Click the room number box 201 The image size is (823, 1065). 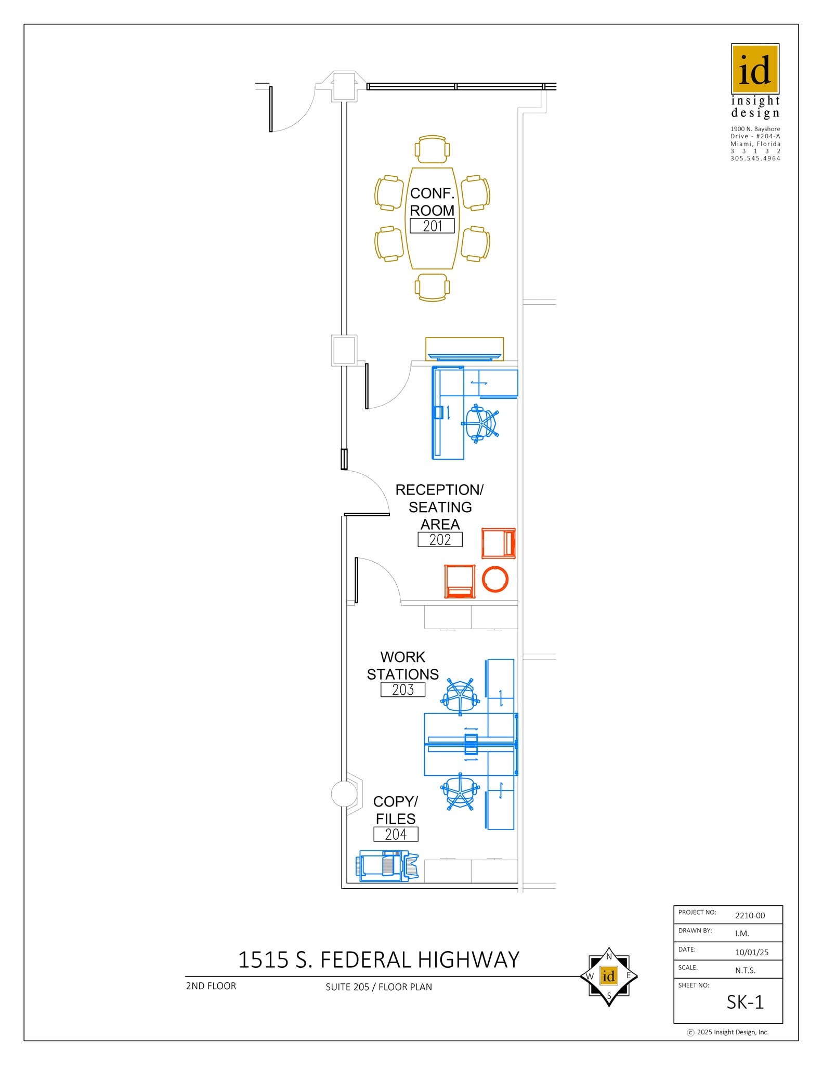(432, 226)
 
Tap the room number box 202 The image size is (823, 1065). (440, 539)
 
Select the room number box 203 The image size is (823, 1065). (403, 690)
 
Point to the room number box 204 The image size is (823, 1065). (396, 834)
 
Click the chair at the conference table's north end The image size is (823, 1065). (432, 149)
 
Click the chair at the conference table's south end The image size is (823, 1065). (432, 287)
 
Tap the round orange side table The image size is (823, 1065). (495, 579)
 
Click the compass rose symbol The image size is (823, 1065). (609, 976)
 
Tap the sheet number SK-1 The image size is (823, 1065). (745, 1002)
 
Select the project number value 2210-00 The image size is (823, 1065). (750, 915)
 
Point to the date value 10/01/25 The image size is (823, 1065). (751, 952)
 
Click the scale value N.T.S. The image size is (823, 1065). (745, 970)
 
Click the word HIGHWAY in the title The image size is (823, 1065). (468, 959)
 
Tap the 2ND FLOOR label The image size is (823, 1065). (211, 986)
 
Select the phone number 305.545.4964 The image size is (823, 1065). (755, 159)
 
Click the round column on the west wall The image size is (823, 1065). (344, 794)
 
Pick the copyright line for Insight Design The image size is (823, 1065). (728, 1032)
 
